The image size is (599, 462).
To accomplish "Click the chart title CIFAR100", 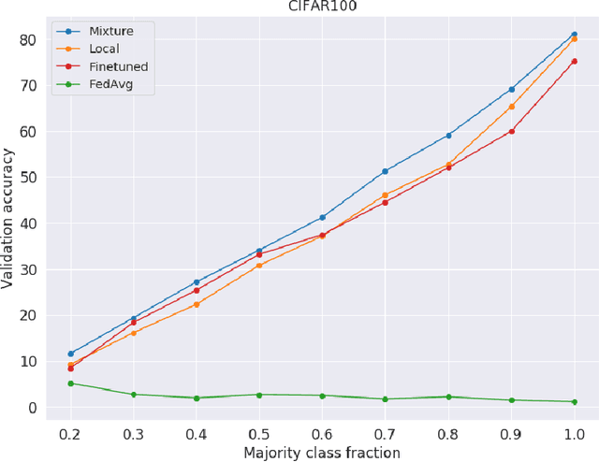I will tap(323, 6).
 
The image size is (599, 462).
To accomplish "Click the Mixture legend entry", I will tap(111, 31).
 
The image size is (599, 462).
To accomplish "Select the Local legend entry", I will tap(105, 49).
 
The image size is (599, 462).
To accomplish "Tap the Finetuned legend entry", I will tap(116, 66).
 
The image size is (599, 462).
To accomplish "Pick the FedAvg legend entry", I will tap(110, 84).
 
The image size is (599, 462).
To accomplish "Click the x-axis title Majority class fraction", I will tap(322, 453).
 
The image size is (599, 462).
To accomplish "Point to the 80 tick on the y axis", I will tap(27, 40).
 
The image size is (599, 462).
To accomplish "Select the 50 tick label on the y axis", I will tap(27, 178).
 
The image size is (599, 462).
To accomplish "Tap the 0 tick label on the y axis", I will tap(31, 408).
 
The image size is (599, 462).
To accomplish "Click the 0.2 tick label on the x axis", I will tap(70, 434).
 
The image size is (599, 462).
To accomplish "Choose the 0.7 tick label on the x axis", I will tap(385, 434).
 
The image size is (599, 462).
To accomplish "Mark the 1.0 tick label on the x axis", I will tap(574, 434).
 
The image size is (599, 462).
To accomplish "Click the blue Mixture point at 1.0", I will tap(574, 35).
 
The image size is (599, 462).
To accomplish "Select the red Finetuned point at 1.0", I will tap(574, 62).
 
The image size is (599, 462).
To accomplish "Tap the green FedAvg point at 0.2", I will tap(70, 383).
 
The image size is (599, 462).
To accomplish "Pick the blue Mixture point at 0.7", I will tap(385, 171).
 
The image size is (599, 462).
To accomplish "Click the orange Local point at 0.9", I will tap(511, 107).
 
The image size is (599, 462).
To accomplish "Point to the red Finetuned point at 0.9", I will tap(511, 131).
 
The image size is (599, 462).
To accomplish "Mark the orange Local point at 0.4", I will tap(197, 304).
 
